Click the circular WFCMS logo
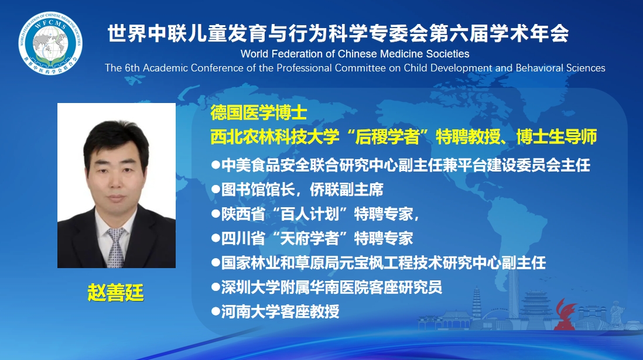point(50,43)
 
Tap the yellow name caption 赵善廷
point(115,293)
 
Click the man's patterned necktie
point(115,248)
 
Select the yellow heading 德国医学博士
point(259,112)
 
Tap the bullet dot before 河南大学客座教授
point(216,311)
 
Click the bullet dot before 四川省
point(216,238)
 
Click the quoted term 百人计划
point(310,214)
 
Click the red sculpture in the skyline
point(566,314)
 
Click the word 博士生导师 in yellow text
point(556,137)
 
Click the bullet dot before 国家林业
point(216,263)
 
